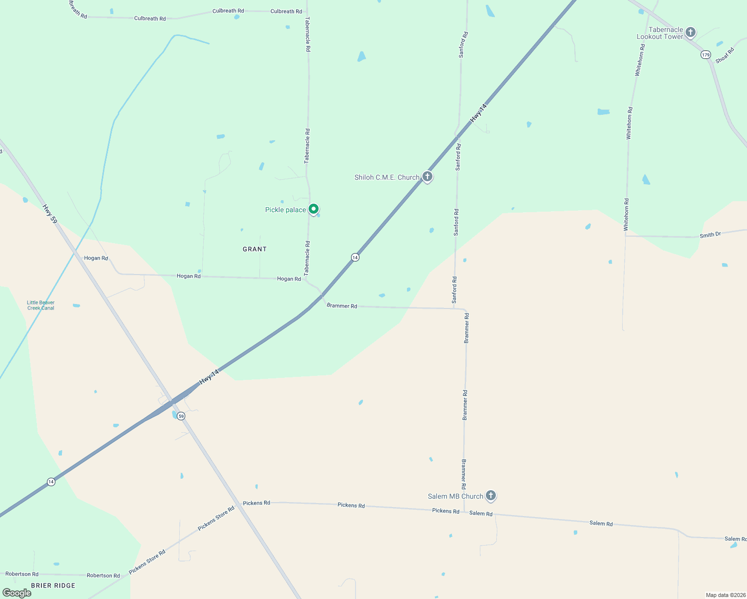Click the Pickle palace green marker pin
[x=313, y=209]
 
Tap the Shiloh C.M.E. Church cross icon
[x=427, y=176]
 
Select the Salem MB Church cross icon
[x=491, y=495]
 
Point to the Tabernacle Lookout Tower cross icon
[x=691, y=32]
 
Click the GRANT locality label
[x=255, y=249]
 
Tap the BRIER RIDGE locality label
[x=53, y=586]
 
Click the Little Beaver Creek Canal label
[x=41, y=305]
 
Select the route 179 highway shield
[x=705, y=55]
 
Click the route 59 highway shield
[x=181, y=416]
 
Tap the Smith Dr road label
[x=710, y=235]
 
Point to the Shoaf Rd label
[x=725, y=55]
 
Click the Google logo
[x=17, y=593]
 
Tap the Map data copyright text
[x=726, y=595]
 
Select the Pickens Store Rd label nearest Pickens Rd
[x=216, y=519]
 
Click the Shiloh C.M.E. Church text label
[x=387, y=177]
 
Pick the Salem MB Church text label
[x=455, y=496]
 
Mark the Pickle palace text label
[x=285, y=210]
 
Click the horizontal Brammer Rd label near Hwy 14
[x=342, y=305]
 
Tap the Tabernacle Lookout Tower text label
[x=660, y=33]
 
